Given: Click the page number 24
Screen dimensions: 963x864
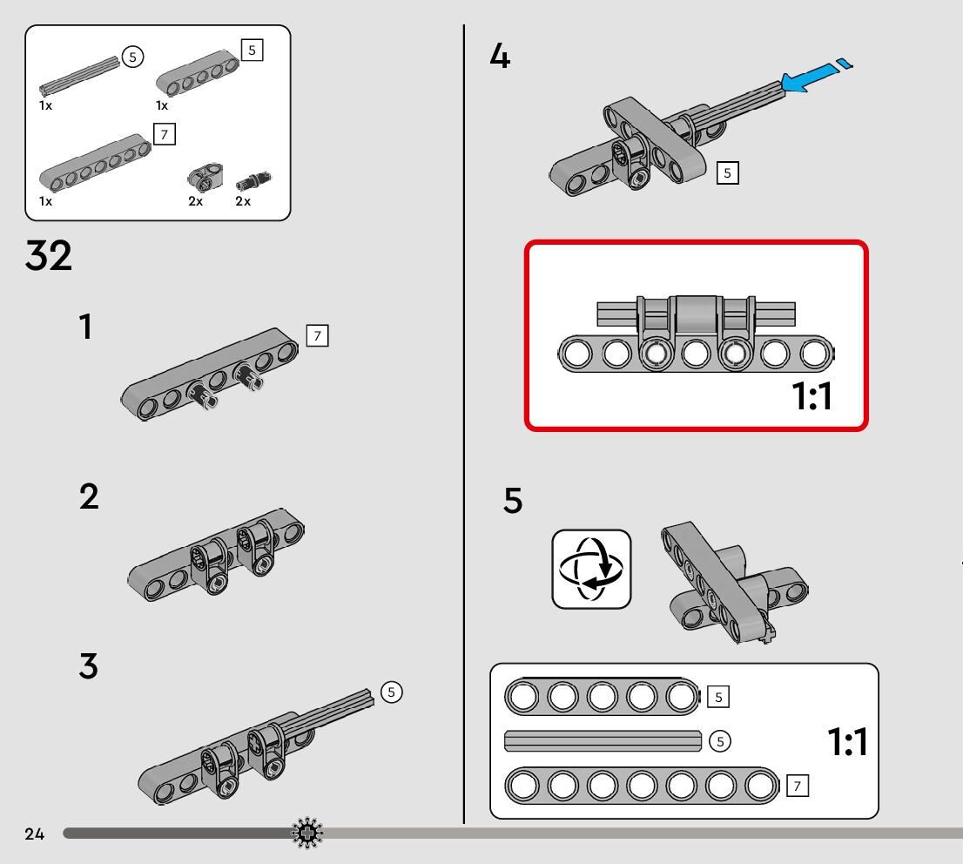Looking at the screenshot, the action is tap(35, 834).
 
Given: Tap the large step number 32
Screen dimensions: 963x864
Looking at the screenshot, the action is tap(49, 256).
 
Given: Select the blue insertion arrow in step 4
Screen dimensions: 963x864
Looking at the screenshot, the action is tap(811, 80).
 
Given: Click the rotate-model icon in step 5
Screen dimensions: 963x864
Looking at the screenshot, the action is tap(591, 570).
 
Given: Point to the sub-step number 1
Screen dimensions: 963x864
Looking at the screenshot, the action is tap(85, 327).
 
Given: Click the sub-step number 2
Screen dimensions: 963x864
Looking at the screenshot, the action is tap(89, 496).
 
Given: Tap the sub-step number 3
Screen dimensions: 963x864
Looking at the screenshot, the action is tap(88, 666).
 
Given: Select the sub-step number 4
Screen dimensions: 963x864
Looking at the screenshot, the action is tap(500, 57).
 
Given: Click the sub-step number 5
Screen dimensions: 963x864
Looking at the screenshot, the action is tap(513, 501).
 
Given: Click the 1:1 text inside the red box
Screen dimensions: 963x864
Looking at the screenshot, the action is tap(812, 397).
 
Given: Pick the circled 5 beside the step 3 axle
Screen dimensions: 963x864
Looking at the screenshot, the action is tap(392, 692).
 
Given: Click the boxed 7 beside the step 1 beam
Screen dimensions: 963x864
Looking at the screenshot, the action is tap(318, 335).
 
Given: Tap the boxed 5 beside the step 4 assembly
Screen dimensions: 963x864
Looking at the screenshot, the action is tap(728, 172).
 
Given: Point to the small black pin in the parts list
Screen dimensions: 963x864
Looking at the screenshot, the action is tap(253, 180).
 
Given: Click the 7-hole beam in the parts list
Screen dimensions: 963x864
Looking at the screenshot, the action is tap(95, 161).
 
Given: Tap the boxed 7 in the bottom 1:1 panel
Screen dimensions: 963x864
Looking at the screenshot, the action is tap(797, 786).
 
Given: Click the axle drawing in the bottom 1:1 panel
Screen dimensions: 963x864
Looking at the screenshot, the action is tap(603, 740).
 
